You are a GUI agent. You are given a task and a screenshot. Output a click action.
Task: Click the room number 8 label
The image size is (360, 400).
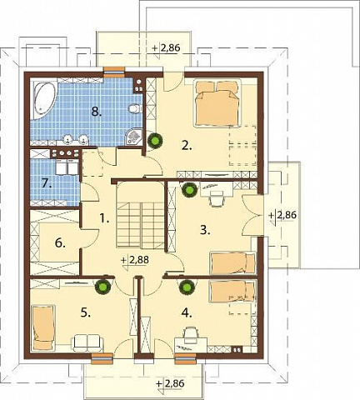click(x=96, y=112)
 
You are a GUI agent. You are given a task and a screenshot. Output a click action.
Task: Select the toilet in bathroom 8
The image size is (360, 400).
click(x=135, y=108)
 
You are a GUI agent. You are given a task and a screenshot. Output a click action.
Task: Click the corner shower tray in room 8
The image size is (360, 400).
click(x=134, y=137)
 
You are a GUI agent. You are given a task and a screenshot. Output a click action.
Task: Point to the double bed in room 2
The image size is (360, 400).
click(x=217, y=103)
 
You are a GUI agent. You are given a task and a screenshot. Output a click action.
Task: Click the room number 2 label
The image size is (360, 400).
click(x=187, y=145)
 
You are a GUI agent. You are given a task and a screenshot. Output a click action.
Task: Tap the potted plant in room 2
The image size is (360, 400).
click(x=155, y=140)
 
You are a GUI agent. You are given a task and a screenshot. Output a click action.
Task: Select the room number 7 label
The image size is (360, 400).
click(x=47, y=183)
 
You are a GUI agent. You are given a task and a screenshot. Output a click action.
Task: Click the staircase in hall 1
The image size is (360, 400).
click(x=140, y=215)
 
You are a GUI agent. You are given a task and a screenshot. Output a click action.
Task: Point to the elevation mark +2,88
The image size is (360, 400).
click(x=135, y=261)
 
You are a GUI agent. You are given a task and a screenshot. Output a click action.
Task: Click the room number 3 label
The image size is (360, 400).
click(x=204, y=230)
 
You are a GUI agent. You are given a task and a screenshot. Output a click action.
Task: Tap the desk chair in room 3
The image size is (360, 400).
click(x=217, y=199)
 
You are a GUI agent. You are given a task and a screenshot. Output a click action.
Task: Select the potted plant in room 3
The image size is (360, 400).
click(x=189, y=190)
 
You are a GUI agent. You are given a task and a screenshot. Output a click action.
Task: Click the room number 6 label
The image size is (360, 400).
click(x=60, y=243)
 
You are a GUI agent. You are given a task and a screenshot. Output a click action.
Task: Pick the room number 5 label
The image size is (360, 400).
click(x=85, y=312)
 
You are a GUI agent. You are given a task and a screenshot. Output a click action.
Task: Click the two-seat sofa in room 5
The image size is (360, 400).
click(x=87, y=342)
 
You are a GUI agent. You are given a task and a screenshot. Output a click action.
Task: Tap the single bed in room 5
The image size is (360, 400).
click(x=43, y=327)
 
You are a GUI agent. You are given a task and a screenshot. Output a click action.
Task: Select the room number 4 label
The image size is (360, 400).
click(x=187, y=312)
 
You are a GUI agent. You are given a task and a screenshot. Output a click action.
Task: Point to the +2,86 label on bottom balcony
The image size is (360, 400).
click(x=170, y=384)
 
